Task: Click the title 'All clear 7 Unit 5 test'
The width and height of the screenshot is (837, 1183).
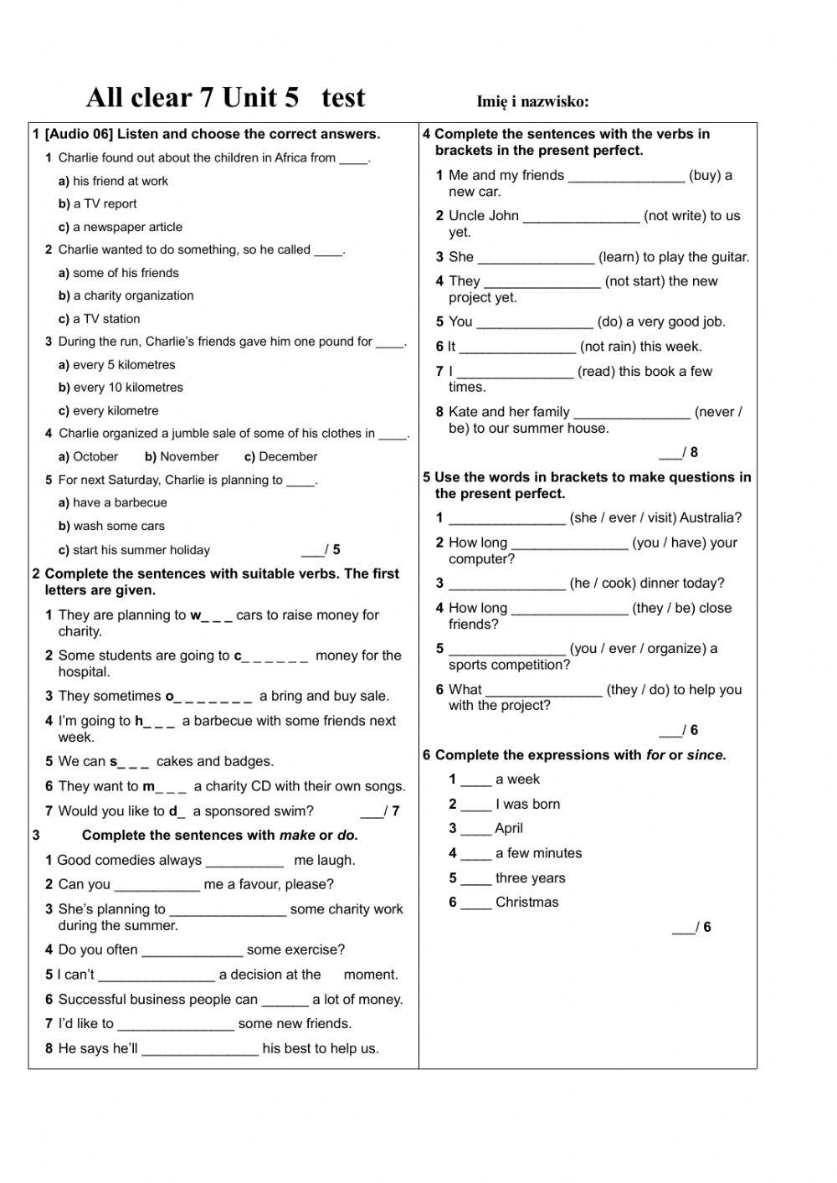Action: click(225, 98)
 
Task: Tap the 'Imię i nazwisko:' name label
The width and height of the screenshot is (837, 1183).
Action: click(532, 102)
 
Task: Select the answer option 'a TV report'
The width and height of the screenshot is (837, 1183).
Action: click(105, 203)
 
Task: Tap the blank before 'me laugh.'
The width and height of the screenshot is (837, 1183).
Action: click(244, 862)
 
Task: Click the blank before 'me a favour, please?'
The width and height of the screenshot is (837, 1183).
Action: click(157, 886)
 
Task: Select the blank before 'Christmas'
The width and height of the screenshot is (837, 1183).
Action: click(476, 904)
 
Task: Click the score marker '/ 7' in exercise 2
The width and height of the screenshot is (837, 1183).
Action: click(380, 811)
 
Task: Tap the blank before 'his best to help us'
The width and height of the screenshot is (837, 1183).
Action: click(200, 1050)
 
